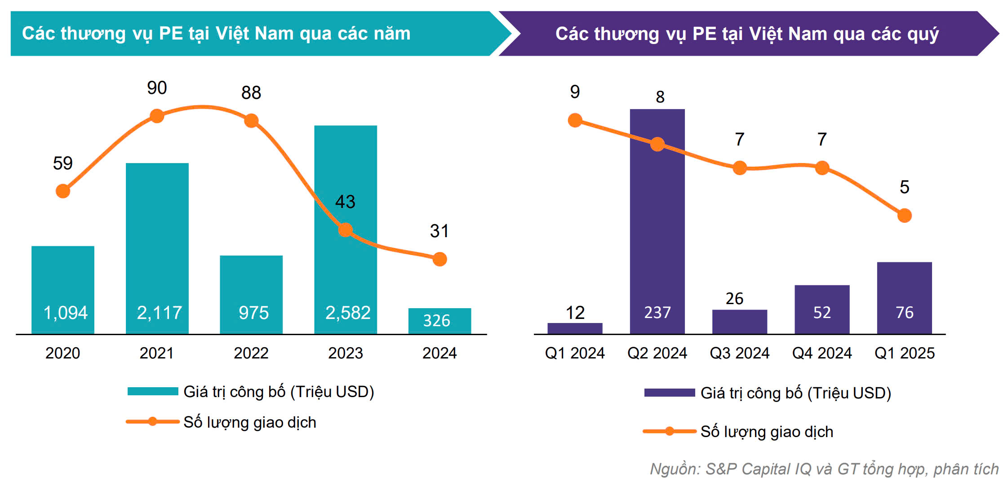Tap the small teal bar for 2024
[x=440, y=321]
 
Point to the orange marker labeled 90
[x=157, y=116]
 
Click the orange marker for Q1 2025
[x=904, y=216]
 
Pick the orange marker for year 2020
[x=63, y=191]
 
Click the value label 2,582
[x=348, y=313]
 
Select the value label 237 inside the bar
[x=657, y=313]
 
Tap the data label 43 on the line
[x=345, y=202]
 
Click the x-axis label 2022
[x=251, y=353]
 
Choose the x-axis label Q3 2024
[x=739, y=353]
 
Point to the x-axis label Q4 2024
[x=822, y=353]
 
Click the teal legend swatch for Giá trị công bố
[x=153, y=391]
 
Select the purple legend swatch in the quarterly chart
[x=669, y=393]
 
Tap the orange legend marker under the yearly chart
[x=152, y=421]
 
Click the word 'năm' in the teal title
[x=391, y=34]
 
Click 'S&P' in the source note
[x=721, y=469]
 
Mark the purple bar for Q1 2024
[x=575, y=328]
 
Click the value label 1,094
[x=65, y=313]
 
